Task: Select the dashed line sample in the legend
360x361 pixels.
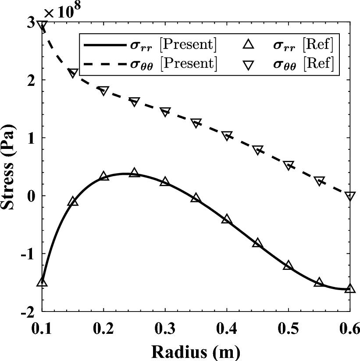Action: point(103,64)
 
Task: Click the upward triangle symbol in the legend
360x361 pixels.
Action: point(249,44)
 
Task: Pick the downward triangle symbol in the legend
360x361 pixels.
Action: point(249,64)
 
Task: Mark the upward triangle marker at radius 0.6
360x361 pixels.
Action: point(350,288)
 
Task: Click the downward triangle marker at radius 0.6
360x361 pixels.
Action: point(350,196)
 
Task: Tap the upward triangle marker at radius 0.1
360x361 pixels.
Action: point(42,282)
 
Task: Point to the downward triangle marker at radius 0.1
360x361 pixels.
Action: point(42,26)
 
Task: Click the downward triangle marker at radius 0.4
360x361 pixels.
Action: point(227,136)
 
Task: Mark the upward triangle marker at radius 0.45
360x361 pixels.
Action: point(257,243)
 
